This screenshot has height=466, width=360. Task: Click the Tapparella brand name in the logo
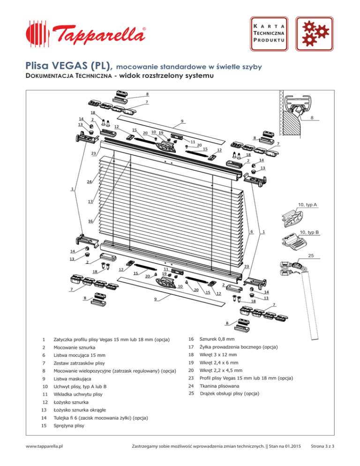click(x=98, y=34)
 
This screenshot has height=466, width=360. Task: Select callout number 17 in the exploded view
click(x=90, y=201)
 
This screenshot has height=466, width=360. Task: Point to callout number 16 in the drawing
click(x=90, y=221)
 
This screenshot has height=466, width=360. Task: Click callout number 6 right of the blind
click(x=252, y=232)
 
